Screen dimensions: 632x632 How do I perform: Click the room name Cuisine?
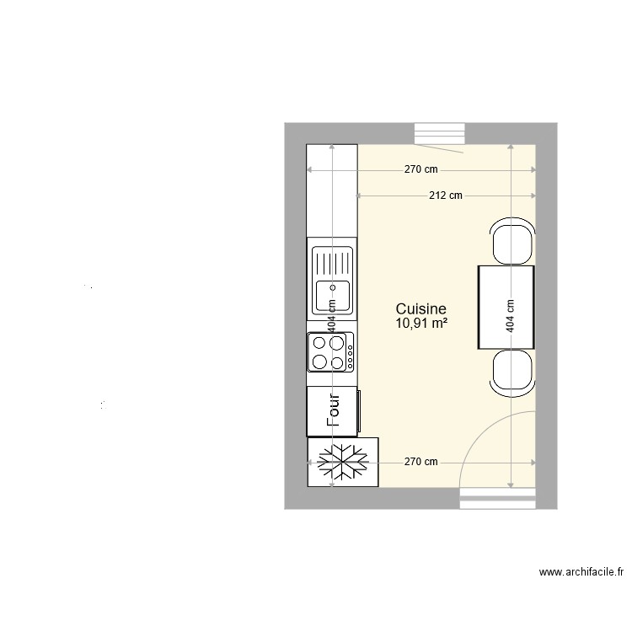pos(420,309)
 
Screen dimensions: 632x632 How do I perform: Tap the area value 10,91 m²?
pos(420,323)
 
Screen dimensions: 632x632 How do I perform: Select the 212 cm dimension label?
pos(445,196)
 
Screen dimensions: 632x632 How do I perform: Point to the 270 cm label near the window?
pos(420,169)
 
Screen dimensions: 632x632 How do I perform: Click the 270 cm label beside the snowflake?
pos(420,462)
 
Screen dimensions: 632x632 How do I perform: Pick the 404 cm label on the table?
pos(510,317)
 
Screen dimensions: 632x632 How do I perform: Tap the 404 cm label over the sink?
pos(332,317)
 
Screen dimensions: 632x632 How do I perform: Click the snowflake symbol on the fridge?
pos(342,462)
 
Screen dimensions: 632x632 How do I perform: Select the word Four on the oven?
pos(333,411)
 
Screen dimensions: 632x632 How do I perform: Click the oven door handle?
pos(360,411)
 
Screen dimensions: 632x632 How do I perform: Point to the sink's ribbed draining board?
pos(333,261)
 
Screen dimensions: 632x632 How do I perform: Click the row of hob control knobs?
pos(349,352)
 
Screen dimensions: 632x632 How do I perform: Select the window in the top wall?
pos(440,135)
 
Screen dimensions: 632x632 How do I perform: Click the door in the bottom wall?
pos(497,500)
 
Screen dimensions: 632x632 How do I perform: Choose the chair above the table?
pos(511,242)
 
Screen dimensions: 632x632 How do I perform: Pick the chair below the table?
pos(511,372)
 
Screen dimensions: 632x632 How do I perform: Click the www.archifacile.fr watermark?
pos(581,572)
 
